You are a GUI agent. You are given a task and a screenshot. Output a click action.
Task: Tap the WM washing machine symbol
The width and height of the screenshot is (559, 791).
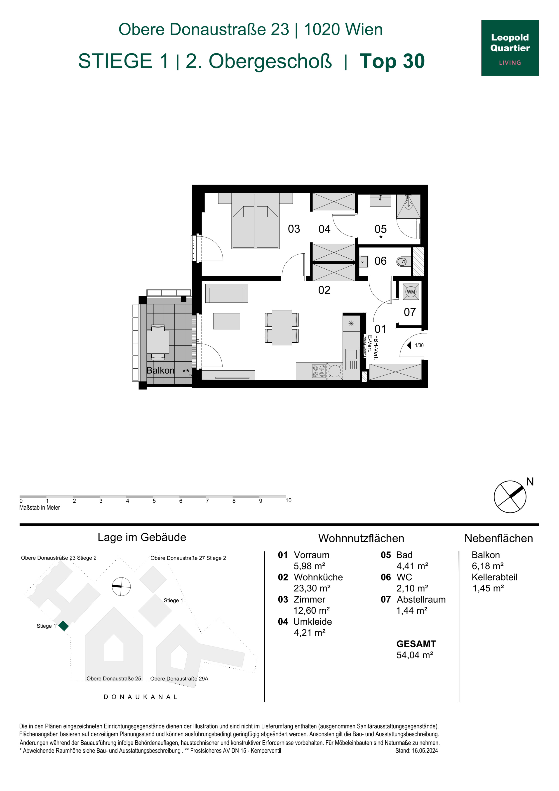411,292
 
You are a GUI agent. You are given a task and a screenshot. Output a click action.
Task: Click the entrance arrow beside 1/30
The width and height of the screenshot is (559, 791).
409,345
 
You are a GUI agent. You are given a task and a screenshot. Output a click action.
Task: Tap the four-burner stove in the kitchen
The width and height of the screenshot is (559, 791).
319,371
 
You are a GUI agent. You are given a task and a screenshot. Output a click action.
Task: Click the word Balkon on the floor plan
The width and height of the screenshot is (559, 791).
160,370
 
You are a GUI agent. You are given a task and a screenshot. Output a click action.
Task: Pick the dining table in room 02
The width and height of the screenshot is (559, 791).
282,328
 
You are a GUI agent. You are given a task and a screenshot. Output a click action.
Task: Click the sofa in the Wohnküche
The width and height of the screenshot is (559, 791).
227,293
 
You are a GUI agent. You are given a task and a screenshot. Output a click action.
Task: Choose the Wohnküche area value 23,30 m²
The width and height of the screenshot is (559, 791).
312,588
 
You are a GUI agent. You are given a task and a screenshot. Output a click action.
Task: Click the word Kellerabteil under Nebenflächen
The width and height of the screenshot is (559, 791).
495,577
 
